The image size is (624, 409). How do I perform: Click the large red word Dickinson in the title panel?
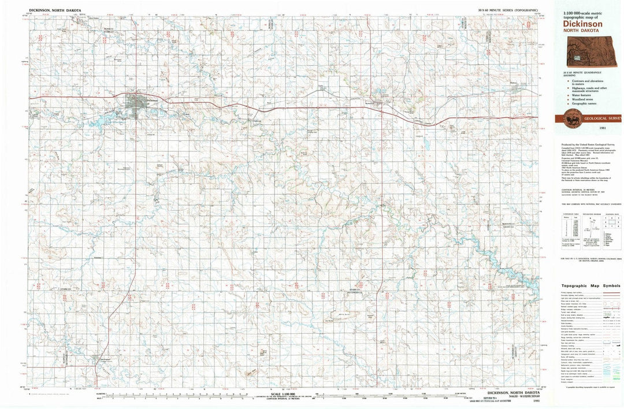[583, 24]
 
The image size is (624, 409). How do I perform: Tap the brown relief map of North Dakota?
[585, 53]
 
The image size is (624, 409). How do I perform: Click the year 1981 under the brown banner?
[603, 128]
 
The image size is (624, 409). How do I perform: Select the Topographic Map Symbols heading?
[588, 285]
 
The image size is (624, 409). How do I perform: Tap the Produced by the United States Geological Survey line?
[586, 144]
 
